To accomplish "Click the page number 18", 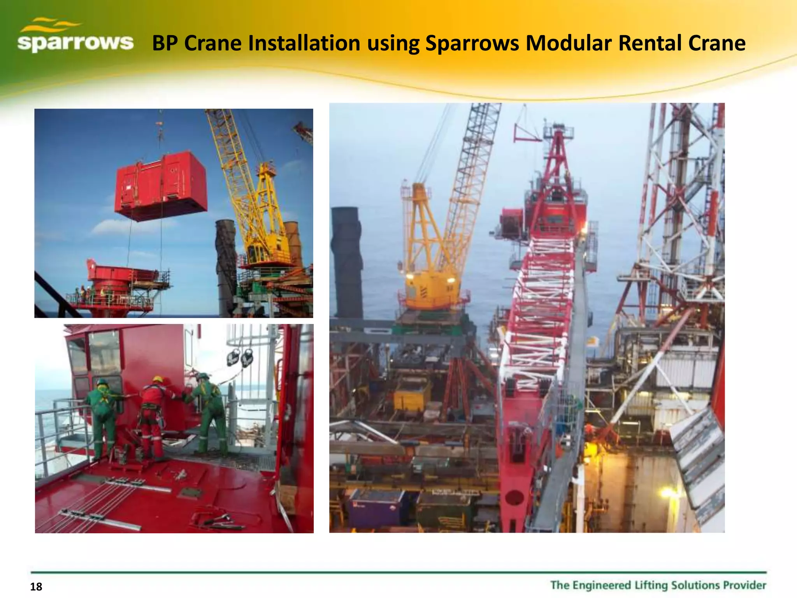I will click(36, 587).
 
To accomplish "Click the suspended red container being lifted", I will click(160, 187).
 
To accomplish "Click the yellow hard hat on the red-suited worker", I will click(158, 379).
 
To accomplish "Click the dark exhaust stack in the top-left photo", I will click(226, 265).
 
